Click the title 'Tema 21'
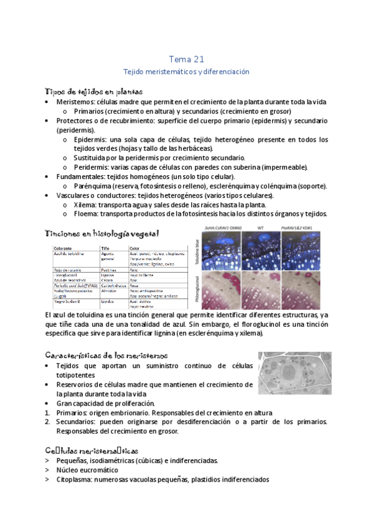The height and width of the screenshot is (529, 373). point(186,59)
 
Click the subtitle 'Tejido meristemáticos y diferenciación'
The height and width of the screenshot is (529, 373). point(186,72)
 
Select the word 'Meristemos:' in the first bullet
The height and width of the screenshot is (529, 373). point(77,102)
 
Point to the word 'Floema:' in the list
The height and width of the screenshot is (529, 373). point(87,214)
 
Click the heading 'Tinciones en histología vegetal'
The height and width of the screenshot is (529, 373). point(102,233)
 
